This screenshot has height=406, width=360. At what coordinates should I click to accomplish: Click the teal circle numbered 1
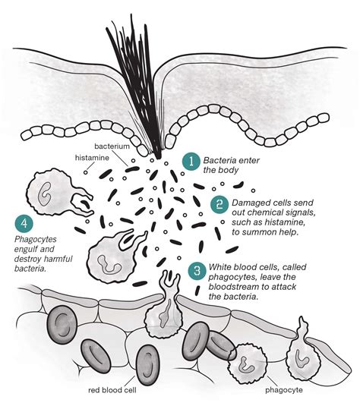(x=191, y=162)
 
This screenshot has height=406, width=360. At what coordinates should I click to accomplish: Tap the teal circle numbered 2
(x=219, y=205)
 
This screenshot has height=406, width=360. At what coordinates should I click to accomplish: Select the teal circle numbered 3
(x=197, y=271)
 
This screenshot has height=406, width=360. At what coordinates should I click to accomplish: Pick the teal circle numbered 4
(x=24, y=224)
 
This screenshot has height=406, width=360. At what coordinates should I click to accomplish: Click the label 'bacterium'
(x=112, y=146)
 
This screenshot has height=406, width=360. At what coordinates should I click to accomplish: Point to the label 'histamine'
(x=92, y=158)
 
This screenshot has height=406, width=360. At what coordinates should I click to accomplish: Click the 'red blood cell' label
(x=112, y=390)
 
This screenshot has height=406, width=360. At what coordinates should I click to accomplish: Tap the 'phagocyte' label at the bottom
(x=284, y=390)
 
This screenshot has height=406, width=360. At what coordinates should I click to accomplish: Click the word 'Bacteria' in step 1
(x=219, y=161)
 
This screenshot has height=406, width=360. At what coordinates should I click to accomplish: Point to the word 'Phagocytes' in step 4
(x=36, y=240)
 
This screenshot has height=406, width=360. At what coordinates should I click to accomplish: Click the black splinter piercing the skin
(x=139, y=86)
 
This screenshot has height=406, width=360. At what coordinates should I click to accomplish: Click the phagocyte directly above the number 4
(x=55, y=193)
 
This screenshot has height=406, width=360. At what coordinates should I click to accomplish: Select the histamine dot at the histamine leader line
(x=86, y=172)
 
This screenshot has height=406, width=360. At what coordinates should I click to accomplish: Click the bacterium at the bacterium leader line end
(x=132, y=169)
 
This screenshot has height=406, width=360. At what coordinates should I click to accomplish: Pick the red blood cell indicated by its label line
(x=147, y=365)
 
